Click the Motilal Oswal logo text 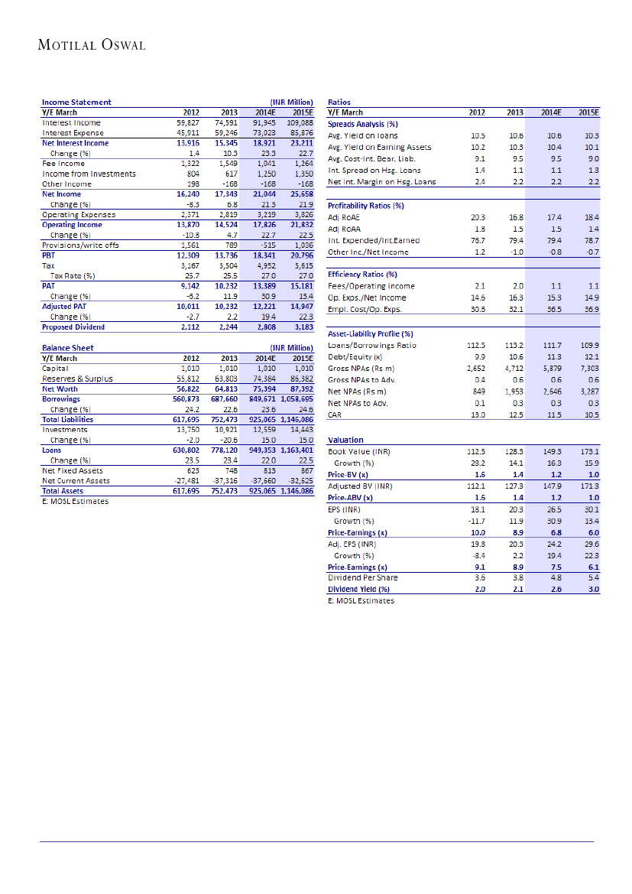[92, 45]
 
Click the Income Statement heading [76, 102]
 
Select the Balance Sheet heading [67, 348]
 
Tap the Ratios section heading [339, 102]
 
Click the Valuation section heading [345, 440]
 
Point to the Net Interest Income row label [75, 143]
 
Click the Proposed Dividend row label [73, 327]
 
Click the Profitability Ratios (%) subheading [365, 206]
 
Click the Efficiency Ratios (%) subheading [362, 274]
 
